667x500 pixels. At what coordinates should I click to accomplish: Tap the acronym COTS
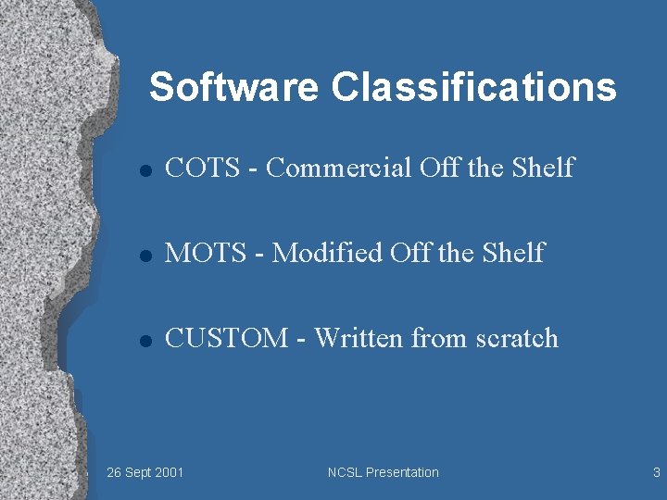(x=210, y=168)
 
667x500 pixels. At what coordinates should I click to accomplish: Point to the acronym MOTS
(x=213, y=253)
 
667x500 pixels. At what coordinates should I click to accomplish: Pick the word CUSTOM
(x=226, y=338)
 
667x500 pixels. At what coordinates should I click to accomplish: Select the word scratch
(x=516, y=338)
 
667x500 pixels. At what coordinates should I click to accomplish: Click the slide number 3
(x=656, y=472)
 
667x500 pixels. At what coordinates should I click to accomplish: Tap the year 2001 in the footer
(x=168, y=472)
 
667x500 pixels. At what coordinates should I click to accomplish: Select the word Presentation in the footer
(x=402, y=472)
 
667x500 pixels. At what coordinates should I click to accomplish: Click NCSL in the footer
(x=345, y=472)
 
